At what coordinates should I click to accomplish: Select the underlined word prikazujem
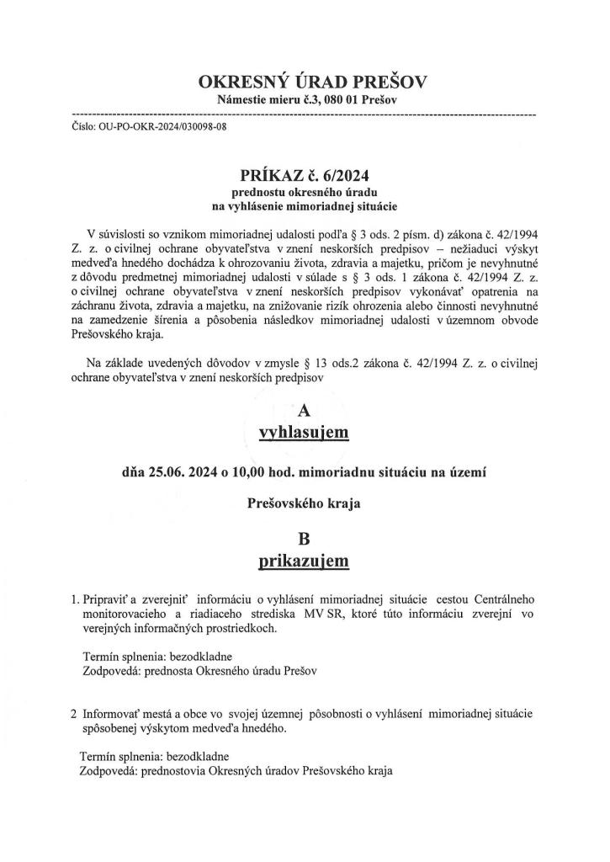click(305, 560)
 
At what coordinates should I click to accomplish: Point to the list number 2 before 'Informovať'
click(74, 713)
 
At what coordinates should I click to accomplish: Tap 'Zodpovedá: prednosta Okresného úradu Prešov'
click(198, 672)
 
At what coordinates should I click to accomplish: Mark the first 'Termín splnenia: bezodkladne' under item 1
click(157, 657)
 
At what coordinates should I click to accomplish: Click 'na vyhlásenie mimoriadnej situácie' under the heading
click(305, 205)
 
